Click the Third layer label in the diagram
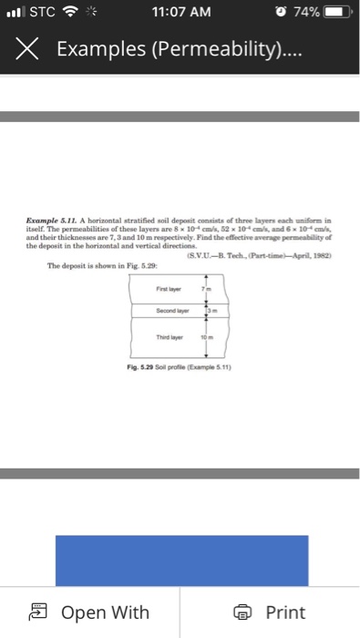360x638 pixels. [170, 335]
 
